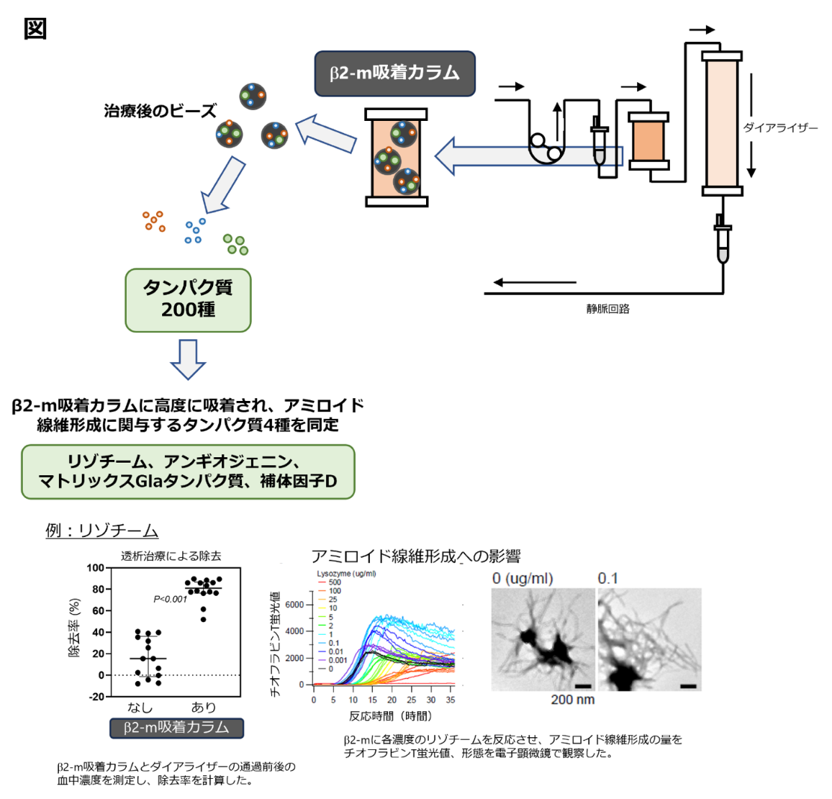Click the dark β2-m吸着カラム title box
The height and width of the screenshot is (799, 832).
click(x=394, y=73)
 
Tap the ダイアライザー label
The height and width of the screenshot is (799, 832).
click(x=780, y=127)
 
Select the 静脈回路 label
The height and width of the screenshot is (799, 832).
click(x=607, y=309)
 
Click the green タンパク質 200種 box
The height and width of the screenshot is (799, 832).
click(x=188, y=299)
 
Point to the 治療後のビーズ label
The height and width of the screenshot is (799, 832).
click(x=160, y=111)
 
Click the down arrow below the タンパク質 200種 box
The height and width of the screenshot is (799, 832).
click(x=188, y=358)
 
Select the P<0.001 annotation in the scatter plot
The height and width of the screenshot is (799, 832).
click(x=170, y=599)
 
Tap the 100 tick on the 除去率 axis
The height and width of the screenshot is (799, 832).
click(x=95, y=568)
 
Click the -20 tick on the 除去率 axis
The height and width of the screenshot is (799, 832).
click(x=95, y=697)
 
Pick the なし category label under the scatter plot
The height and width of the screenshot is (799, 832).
click(x=140, y=708)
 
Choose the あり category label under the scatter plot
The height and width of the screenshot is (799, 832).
click(x=204, y=708)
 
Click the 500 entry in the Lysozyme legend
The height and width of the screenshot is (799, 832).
click(x=335, y=582)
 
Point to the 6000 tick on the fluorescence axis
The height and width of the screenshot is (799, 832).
click(x=294, y=605)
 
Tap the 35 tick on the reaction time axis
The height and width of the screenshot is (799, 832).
click(x=451, y=700)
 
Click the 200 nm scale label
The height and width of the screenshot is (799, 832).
click(x=572, y=700)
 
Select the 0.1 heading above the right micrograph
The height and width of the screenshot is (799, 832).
click(x=607, y=579)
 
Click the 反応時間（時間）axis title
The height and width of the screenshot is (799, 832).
click(x=390, y=716)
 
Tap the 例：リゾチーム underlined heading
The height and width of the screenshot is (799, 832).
click(x=101, y=531)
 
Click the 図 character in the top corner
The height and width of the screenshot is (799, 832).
click(x=35, y=29)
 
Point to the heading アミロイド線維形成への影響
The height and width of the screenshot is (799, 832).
click(x=415, y=556)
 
